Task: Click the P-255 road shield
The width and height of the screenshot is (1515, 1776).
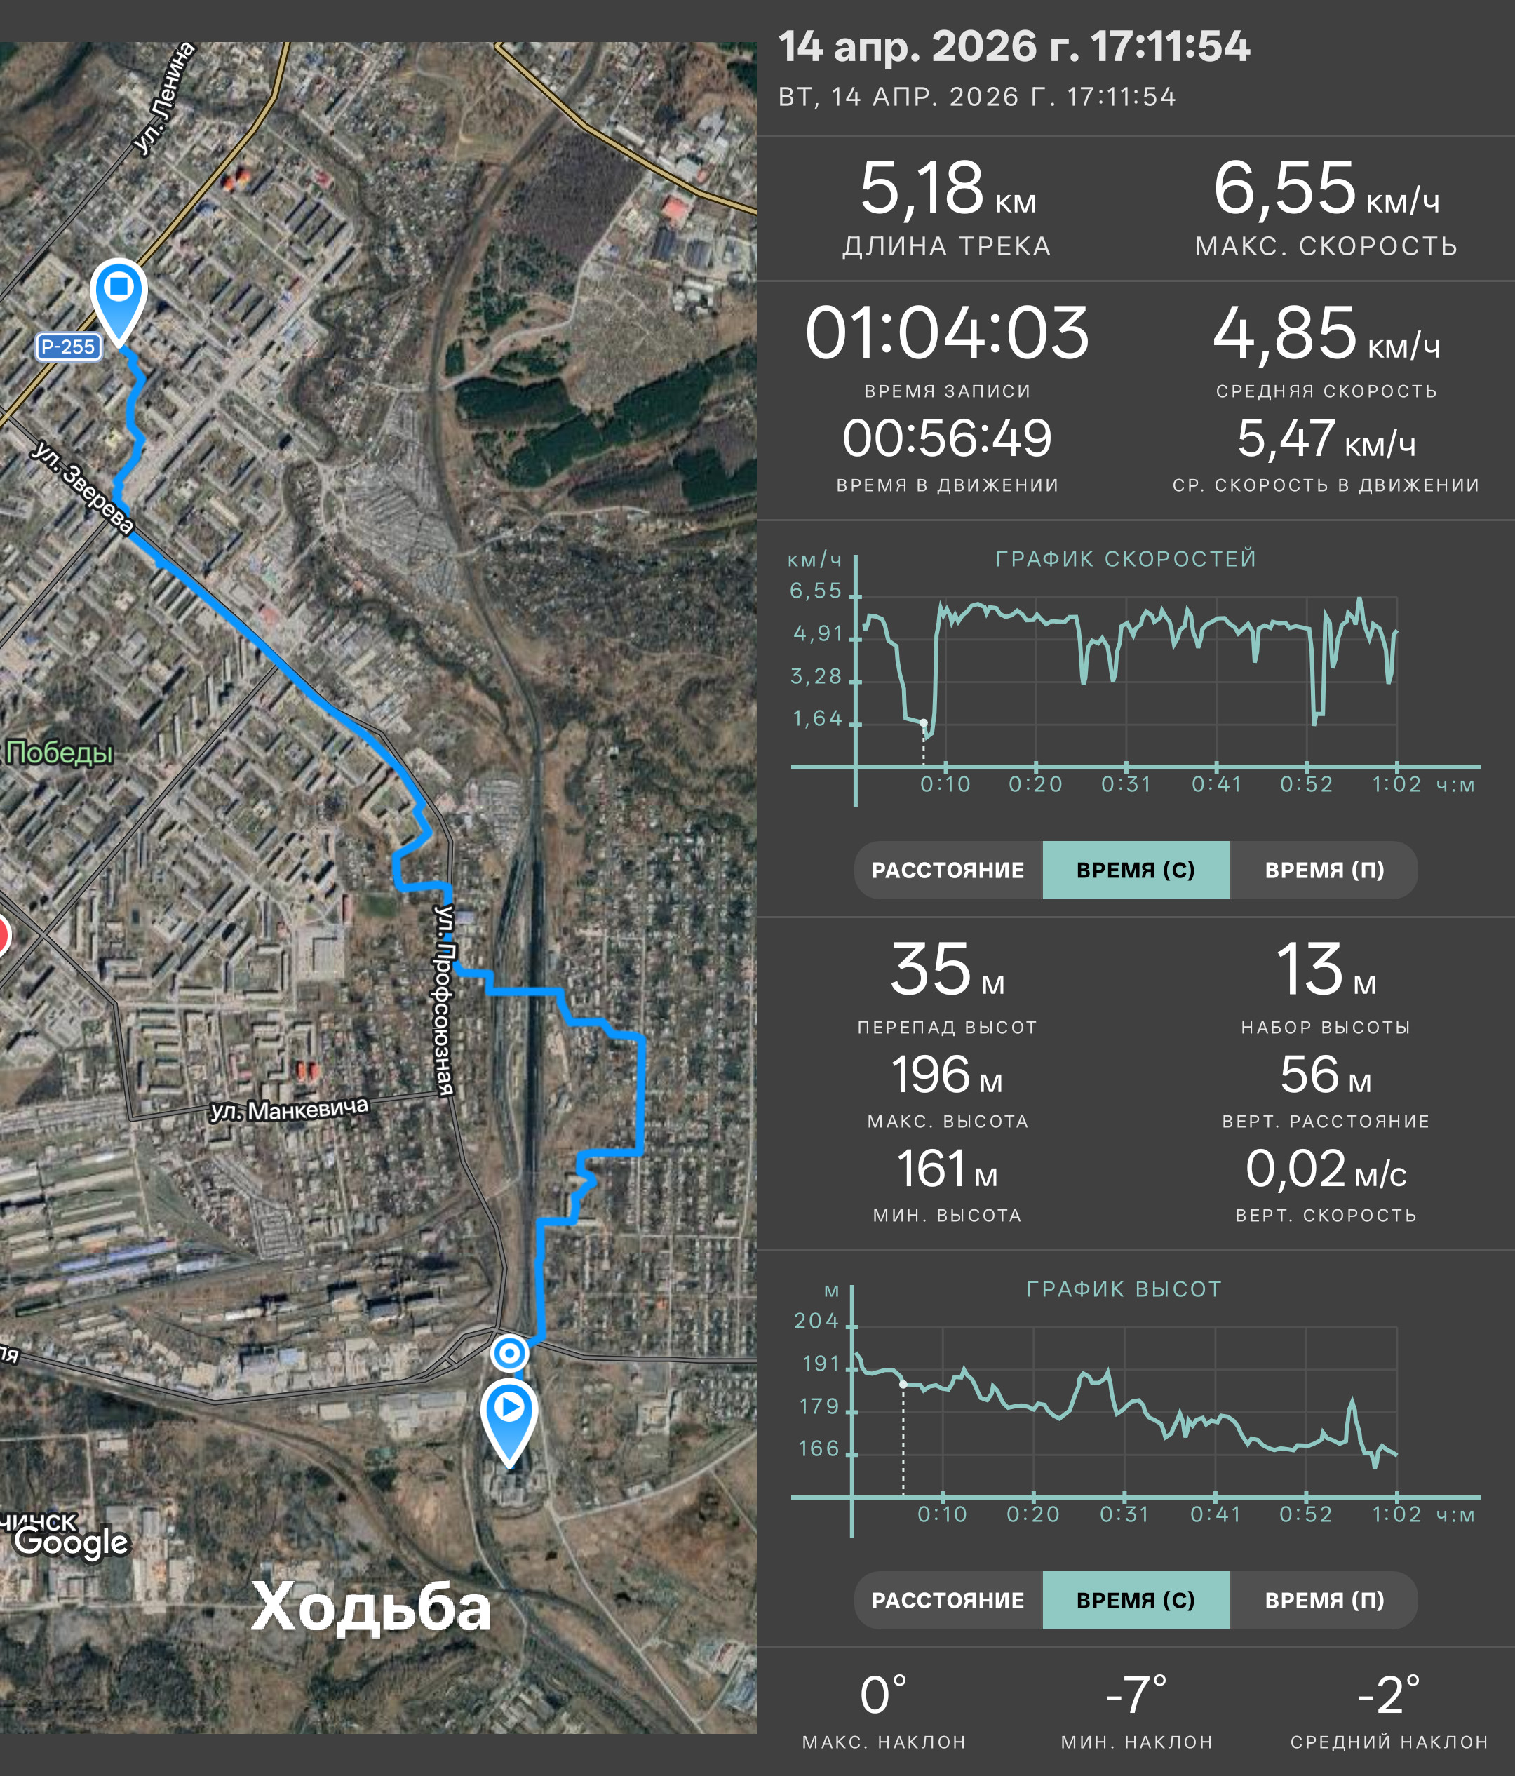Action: [68, 347]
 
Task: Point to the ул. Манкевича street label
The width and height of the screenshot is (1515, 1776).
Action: [290, 1108]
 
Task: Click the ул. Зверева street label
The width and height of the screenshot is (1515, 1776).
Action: [83, 487]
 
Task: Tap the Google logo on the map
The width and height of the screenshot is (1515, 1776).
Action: [72, 1541]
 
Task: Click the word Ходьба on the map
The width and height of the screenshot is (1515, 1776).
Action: [371, 1606]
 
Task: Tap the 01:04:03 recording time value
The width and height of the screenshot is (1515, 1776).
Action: [947, 332]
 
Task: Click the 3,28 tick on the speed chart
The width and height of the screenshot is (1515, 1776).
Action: [816, 676]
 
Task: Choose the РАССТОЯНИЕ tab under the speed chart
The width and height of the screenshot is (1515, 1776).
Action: [948, 870]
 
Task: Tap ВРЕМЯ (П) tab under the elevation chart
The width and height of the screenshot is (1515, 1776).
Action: [1324, 1600]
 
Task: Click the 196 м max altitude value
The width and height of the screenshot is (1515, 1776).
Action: [947, 1075]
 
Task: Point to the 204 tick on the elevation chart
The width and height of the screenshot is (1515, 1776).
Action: [816, 1321]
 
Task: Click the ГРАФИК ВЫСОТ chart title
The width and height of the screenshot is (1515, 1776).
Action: [1124, 1289]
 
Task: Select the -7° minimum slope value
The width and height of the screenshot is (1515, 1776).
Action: [1136, 1695]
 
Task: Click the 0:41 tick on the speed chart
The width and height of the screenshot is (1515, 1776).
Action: [1216, 784]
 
